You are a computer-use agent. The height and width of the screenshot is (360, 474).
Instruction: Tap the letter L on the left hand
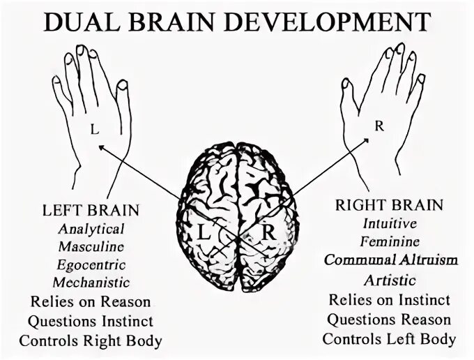point(93,129)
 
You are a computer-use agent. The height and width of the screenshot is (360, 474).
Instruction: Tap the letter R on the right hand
point(379,126)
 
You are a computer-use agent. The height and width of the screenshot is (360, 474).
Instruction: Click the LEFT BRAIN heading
point(91,209)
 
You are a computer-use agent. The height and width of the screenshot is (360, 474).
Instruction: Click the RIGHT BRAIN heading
point(389,205)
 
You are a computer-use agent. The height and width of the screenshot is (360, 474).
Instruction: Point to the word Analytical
point(91,228)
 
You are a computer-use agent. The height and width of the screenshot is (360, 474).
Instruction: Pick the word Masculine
point(91,246)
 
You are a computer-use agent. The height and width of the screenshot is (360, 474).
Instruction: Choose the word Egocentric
point(91,264)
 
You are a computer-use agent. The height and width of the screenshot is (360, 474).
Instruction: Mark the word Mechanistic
point(91,283)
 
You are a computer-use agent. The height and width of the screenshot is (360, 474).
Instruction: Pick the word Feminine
point(390,242)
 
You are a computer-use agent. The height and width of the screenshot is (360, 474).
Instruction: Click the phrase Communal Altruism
point(390,260)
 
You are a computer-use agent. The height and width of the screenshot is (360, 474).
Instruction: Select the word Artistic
point(390,280)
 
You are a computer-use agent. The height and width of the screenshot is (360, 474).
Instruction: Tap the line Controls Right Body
point(91,341)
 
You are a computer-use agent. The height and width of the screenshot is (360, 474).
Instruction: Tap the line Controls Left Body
point(390,340)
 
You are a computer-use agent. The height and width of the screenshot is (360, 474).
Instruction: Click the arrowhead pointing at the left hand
point(101,147)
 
